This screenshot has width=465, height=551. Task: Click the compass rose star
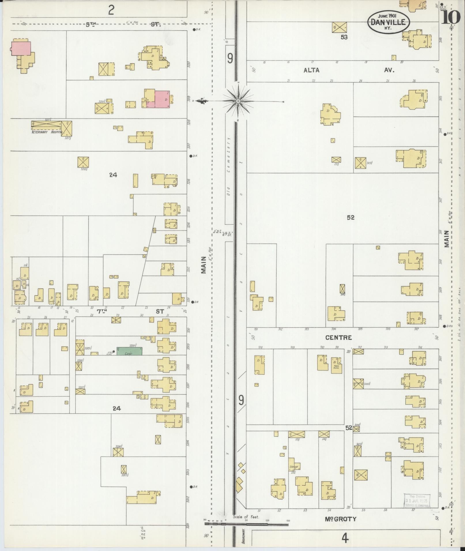pos(238,101)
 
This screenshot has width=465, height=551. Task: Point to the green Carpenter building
pos(129,351)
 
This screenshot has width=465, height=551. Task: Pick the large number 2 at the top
pos(111,10)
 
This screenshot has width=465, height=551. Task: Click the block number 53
pos(344,37)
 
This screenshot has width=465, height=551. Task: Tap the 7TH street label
pos(102,311)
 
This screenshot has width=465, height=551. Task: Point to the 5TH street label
pos(91,25)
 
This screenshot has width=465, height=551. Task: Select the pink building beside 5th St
pos(21,48)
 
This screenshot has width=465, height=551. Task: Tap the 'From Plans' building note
pos(336,368)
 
